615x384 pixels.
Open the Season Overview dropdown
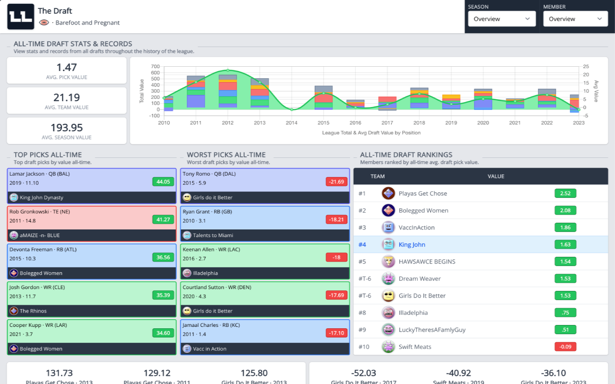coord(502,19)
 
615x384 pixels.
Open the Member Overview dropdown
coord(575,19)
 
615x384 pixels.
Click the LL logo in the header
coord(21,17)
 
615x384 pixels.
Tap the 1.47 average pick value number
coord(66,68)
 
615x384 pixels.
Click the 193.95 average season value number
coord(66,128)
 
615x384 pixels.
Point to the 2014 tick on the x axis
coord(292,123)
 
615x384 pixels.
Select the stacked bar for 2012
coord(228,91)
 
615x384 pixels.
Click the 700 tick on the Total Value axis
coord(155,67)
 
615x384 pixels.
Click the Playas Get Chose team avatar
coord(388,193)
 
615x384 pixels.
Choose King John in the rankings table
coord(412,244)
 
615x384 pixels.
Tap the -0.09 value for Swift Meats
coord(565,347)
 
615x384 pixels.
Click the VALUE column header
coord(496,176)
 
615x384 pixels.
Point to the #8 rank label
coord(362,312)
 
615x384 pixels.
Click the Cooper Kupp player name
coord(26,325)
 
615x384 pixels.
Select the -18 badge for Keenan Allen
coord(336,257)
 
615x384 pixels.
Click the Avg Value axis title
coord(596,91)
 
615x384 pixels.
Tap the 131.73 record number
coord(59,373)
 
